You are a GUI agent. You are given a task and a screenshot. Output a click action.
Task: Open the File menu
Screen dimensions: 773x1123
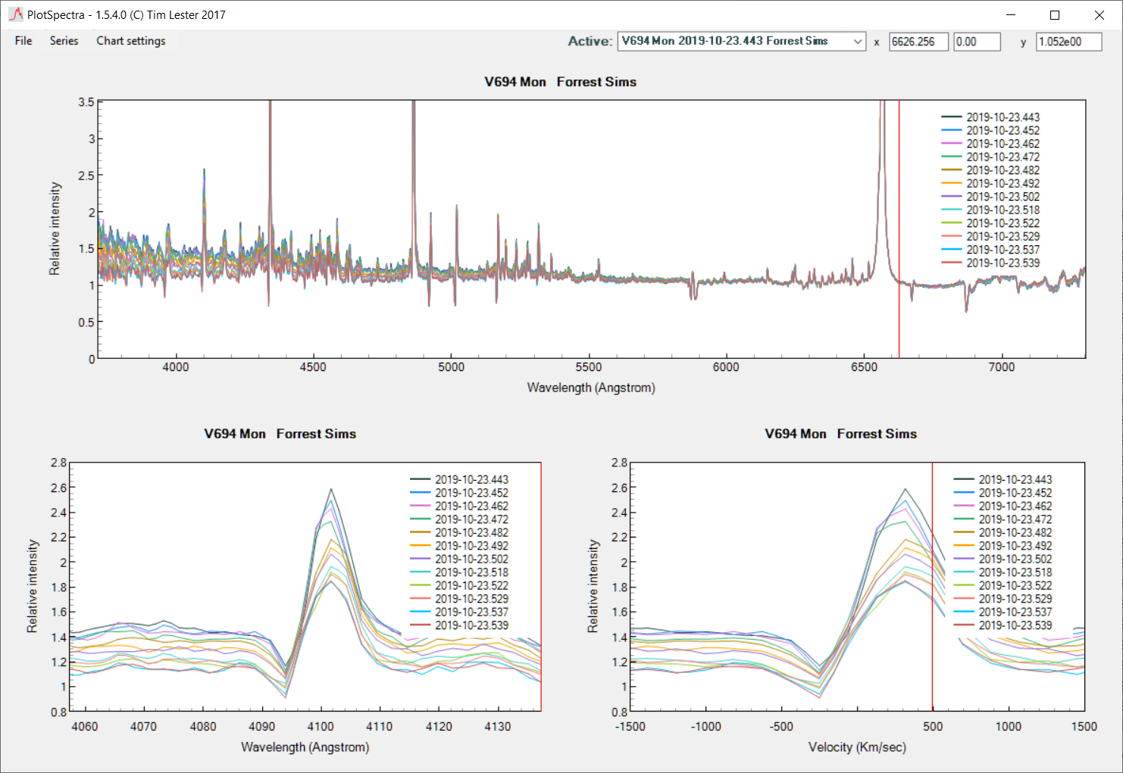click(23, 41)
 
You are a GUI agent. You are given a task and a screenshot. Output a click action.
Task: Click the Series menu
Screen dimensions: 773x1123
click(64, 41)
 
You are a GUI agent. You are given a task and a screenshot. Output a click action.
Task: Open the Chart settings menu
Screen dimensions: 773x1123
click(130, 41)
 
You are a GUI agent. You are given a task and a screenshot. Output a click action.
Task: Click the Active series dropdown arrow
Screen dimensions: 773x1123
click(858, 42)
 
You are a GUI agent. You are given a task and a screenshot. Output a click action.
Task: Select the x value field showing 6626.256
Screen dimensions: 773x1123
click(918, 42)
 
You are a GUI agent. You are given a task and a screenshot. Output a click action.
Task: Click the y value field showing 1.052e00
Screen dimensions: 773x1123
click(1068, 42)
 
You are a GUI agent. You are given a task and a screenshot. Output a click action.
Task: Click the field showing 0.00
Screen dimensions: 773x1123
click(976, 42)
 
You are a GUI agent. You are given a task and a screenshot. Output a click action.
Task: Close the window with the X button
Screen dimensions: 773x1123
click(1099, 15)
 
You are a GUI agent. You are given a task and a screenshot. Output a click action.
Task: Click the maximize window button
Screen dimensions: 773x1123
click(1054, 15)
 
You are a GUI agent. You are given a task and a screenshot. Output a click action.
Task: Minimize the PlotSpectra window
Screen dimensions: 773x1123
click(1010, 15)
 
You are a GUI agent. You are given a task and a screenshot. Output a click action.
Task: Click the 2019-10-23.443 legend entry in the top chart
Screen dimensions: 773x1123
click(1003, 117)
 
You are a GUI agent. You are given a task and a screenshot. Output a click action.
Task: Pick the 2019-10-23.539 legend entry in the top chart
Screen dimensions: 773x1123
click(1003, 263)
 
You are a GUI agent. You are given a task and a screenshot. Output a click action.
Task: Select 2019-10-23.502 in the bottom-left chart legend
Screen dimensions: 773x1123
click(471, 559)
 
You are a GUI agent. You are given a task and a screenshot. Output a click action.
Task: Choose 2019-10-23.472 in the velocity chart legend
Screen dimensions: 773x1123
click(1015, 519)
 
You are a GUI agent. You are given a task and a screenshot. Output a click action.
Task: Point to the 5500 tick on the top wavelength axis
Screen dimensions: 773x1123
click(588, 367)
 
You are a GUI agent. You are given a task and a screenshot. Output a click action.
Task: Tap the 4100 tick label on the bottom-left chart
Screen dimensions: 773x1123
click(320, 727)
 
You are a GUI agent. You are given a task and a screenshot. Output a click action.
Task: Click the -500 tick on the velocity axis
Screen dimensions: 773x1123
click(781, 727)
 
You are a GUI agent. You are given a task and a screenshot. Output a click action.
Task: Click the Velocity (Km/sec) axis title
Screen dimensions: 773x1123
click(856, 747)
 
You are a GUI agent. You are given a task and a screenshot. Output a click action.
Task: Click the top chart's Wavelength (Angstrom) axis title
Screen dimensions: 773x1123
click(591, 388)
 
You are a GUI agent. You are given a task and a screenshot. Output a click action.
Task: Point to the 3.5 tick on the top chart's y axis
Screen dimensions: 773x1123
click(86, 102)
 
